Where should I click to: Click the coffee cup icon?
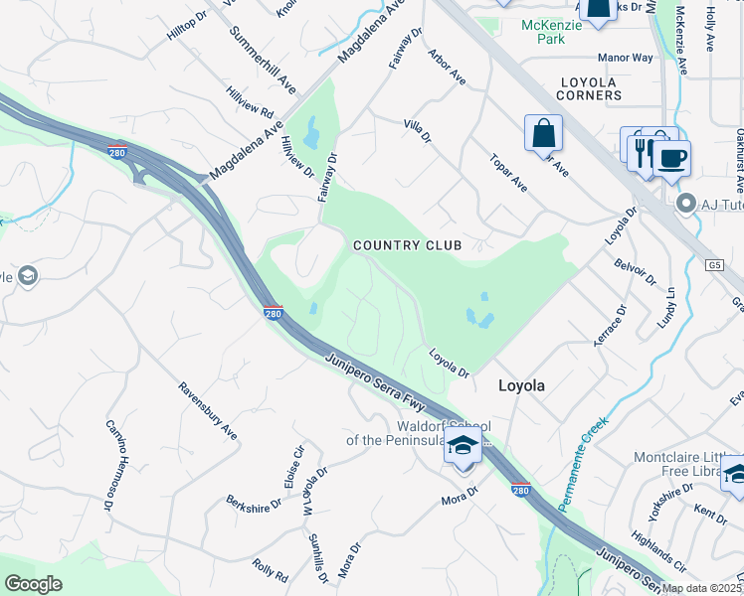click(671, 158)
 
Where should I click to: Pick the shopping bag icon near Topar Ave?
click(543, 133)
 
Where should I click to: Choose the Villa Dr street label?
click(418, 129)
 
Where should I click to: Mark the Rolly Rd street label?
click(270, 569)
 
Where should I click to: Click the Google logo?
click(34, 583)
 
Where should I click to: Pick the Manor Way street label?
click(626, 58)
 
